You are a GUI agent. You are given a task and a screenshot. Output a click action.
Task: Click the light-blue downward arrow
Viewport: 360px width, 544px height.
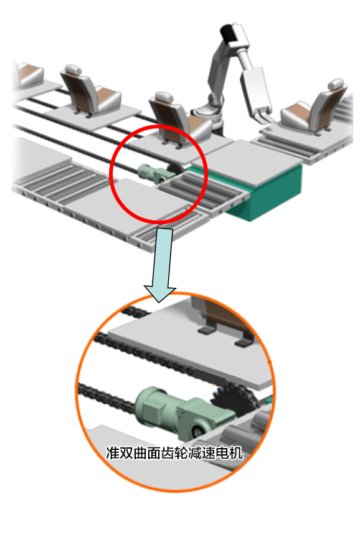(161, 264)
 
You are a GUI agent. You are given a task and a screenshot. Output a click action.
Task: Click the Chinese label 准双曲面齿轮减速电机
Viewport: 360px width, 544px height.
(174, 453)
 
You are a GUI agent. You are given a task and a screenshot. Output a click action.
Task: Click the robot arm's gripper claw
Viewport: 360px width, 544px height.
(264, 117)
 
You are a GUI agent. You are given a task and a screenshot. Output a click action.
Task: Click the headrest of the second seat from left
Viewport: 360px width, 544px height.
(73, 69)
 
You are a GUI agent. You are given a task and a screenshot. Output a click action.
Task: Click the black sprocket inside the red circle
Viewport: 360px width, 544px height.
(176, 170)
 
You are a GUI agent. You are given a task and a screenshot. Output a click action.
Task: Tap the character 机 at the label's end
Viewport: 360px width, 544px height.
(237, 453)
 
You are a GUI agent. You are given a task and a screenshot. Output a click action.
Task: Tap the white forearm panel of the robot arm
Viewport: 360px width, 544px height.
(255, 87)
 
